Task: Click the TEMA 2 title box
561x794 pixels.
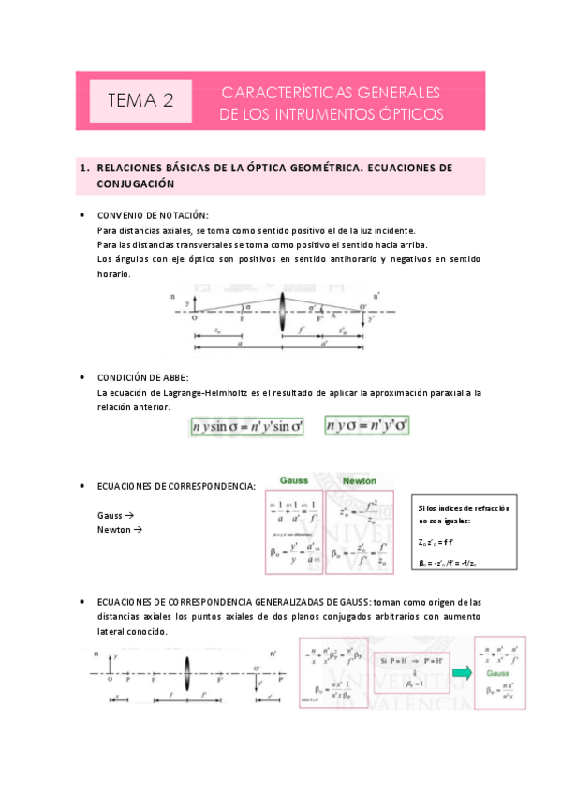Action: pos(140,100)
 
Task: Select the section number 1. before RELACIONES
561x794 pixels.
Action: pos(84,168)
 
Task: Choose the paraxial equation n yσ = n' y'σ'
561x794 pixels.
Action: pos(367,427)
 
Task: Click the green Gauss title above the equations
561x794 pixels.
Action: pos(294,479)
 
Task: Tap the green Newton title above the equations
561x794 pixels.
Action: pos(360,479)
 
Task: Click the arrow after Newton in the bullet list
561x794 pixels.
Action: pos(135,530)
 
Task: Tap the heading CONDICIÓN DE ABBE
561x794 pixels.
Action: pos(143,377)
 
